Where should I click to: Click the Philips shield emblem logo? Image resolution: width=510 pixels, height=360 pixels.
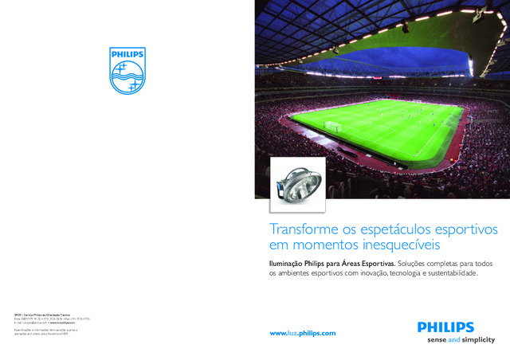point(127,70)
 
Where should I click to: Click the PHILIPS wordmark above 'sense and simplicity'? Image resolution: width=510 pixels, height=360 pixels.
point(445,327)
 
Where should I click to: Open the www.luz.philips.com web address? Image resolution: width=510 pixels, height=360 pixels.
point(303,333)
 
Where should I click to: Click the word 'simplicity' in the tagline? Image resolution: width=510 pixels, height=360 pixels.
point(479,339)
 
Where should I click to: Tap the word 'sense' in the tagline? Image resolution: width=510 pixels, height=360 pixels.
point(431,339)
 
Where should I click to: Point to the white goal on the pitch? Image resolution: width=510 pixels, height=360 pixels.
point(332,126)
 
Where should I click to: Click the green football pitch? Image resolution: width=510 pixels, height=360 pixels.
point(379,127)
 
